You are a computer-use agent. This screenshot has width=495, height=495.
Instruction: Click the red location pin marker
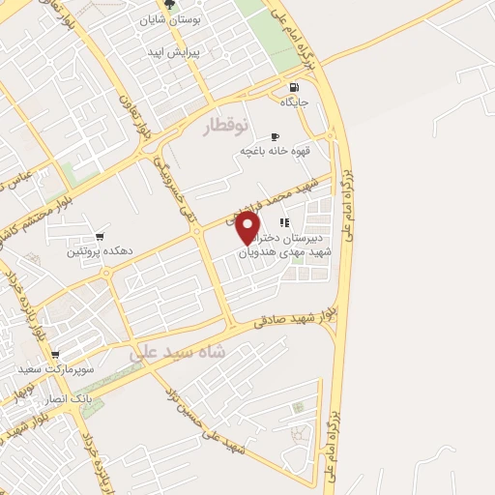(250, 228)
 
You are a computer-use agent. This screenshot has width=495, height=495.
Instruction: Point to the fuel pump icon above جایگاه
(295, 87)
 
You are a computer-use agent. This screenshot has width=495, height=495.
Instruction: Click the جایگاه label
(294, 102)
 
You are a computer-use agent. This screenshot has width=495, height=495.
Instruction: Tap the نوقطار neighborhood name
(225, 125)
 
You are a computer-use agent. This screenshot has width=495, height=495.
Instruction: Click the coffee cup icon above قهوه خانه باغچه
(276, 136)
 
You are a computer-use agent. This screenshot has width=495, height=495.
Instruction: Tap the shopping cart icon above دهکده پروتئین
(100, 236)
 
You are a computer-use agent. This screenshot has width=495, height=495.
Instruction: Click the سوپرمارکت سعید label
(54, 369)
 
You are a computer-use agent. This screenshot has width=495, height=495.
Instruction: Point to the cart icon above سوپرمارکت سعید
(55, 355)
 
